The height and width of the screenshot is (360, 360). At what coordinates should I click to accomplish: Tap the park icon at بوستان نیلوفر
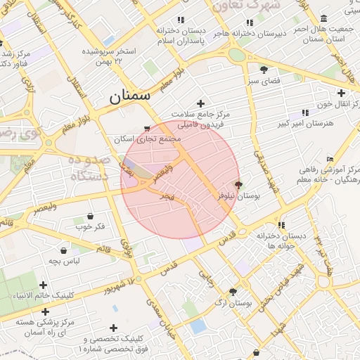[x=238, y=185]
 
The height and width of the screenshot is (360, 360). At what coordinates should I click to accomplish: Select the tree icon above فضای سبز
[x=264, y=69]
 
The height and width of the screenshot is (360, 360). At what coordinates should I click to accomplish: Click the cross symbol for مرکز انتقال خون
[x=341, y=93]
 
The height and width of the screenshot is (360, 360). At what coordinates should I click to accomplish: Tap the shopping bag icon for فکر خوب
[x=90, y=215]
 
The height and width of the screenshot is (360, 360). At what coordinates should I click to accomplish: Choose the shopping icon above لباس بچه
[x=64, y=250]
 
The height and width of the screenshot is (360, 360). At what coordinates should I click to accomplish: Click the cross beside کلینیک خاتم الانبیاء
[x=44, y=285]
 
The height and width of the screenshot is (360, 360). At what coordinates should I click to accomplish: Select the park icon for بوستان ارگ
[x=233, y=291]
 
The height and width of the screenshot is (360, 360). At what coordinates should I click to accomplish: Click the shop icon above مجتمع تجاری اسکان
[x=146, y=129]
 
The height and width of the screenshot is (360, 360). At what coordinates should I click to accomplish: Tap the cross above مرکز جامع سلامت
[x=200, y=103]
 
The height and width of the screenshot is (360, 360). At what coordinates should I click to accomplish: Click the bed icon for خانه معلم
[x=330, y=160]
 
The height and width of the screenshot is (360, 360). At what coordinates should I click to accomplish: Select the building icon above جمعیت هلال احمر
[x=323, y=18]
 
